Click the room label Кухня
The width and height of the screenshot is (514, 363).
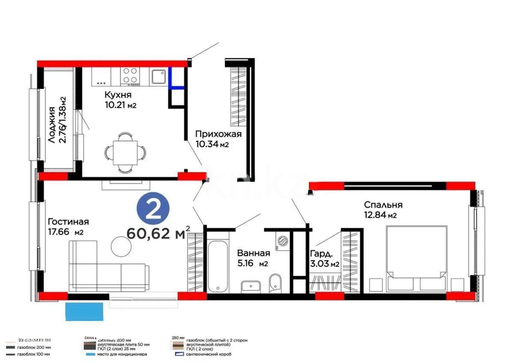coord(118,95)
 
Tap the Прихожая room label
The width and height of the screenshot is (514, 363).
coord(218,134)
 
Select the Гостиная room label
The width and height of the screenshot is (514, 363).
coord(68,221)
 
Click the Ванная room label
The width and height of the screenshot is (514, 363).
coord(254,253)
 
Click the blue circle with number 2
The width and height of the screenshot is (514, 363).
coord(152,208)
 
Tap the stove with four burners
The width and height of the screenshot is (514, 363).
coord(130,76)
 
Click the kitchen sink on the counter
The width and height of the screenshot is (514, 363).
coord(158,76)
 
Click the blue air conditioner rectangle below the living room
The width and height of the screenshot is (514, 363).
coord(84,311)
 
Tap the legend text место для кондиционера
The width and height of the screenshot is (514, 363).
coord(123,354)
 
